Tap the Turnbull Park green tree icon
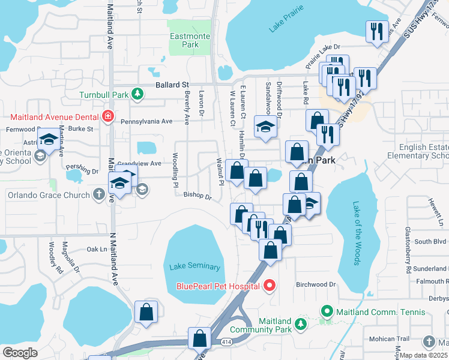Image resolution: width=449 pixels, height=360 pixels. tap(138, 94)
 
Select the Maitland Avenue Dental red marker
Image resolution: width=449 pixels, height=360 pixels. tap(107, 116)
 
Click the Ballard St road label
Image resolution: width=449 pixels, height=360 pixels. tap(172, 85)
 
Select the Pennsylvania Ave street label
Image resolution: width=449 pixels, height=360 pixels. tap(146, 121)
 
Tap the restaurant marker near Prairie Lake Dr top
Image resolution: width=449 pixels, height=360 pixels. tap(376, 32)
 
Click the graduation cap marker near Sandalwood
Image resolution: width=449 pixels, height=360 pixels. tap(265, 127)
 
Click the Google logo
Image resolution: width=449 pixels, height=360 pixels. tap(20, 353)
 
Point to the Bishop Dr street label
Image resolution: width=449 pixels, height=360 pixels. tap(197, 196)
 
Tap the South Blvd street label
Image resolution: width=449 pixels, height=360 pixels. tap(430, 242)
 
